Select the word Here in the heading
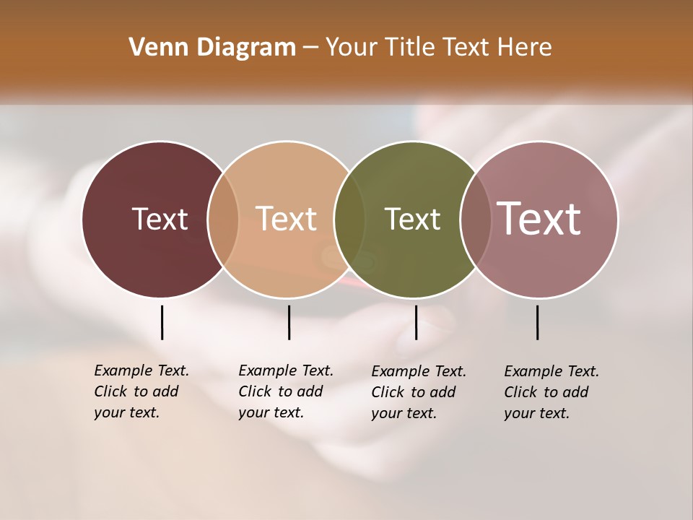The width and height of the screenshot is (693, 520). click(x=525, y=48)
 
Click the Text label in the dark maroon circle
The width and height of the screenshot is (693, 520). click(x=160, y=219)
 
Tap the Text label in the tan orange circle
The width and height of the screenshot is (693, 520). click(x=287, y=219)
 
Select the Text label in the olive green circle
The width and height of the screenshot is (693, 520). click(x=412, y=219)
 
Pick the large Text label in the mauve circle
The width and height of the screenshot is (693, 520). click(x=539, y=219)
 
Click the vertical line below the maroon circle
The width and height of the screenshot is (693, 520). click(x=162, y=322)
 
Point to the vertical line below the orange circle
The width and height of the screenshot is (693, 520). click(x=289, y=322)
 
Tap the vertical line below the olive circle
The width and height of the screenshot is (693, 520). click(x=416, y=322)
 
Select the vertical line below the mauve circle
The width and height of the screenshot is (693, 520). click(x=537, y=322)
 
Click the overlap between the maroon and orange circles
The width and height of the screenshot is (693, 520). click(x=223, y=219)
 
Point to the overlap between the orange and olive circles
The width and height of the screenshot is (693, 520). click(x=349, y=219)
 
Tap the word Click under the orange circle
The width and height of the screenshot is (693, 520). click(x=254, y=391)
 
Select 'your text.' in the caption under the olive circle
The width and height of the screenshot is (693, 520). click(x=404, y=413)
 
